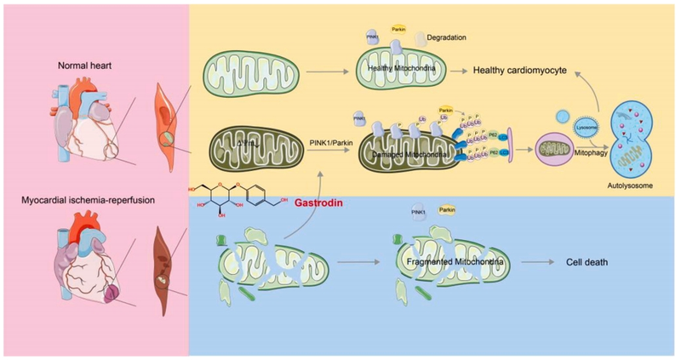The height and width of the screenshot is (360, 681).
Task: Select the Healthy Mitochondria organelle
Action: pyautogui.click(x=401, y=75)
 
